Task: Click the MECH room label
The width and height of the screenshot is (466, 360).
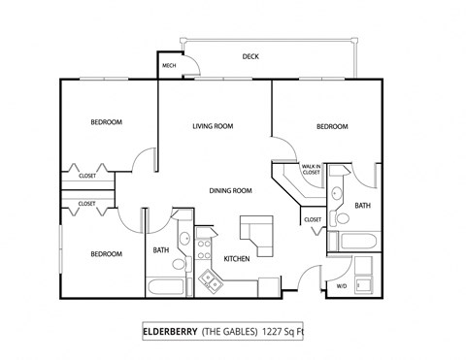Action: point(169,66)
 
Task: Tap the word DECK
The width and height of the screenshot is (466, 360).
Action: point(250,56)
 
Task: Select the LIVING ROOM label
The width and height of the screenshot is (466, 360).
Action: point(213,126)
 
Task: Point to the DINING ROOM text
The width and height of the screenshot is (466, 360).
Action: point(231,190)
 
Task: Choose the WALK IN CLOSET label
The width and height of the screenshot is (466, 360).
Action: point(312,170)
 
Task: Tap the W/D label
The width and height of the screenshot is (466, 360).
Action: point(341,286)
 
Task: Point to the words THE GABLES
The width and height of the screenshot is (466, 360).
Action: point(228,331)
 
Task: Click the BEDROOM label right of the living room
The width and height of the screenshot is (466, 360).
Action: point(332,127)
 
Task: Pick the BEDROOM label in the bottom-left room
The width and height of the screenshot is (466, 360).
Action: point(107,254)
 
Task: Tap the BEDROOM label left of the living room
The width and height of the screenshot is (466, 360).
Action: point(107,122)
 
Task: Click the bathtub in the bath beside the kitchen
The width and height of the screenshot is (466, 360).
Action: point(166,287)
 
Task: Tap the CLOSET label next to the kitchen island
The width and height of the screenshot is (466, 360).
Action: point(313,220)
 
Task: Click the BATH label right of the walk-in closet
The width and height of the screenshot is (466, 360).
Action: point(362,206)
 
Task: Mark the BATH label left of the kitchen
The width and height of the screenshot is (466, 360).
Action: point(161,251)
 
